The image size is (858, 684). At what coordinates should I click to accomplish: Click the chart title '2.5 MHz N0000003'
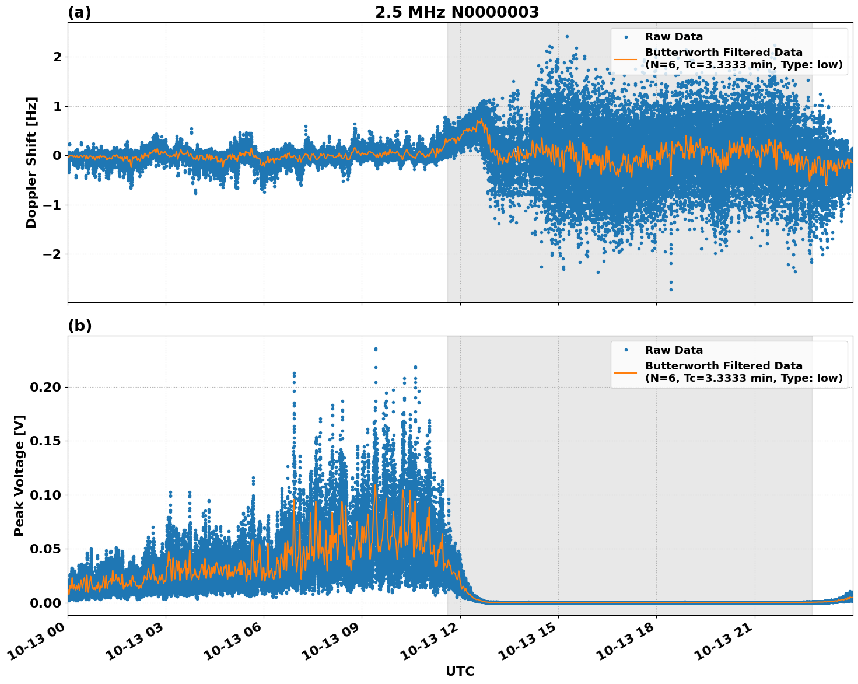[x=457, y=12]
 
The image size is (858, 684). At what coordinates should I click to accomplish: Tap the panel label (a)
[x=79, y=12]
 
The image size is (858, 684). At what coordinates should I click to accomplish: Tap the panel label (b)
[x=79, y=326]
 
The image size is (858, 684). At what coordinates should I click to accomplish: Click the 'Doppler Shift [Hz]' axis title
[x=31, y=162]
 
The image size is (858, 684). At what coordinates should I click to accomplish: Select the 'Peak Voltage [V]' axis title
[x=19, y=476]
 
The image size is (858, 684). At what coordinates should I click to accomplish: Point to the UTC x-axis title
[x=460, y=671]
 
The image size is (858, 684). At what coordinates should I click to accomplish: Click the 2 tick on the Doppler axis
[x=57, y=57]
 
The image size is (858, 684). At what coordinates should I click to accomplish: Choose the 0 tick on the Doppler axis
[x=57, y=155]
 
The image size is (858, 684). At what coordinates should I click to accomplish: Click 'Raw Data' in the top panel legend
[x=674, y=37]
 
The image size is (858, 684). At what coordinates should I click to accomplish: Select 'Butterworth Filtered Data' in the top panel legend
[x=723, y=53]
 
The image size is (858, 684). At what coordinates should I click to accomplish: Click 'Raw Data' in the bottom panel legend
[x=674, y=350]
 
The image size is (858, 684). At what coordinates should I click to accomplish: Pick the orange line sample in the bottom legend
[x=626, y=372]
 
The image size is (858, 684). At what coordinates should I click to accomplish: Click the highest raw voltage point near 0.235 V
[x=376, y=349]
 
